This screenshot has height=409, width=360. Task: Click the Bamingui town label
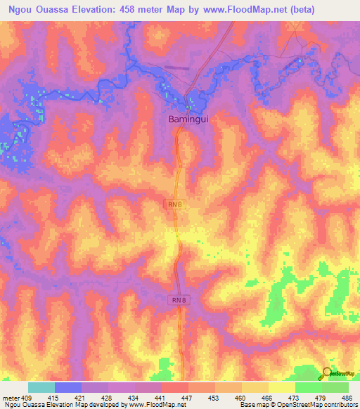coord(188,119)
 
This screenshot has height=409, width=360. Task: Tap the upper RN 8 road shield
coord(175,204)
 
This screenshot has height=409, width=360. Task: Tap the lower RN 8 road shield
coord(179,300)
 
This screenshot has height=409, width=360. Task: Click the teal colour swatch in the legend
coord(41,387)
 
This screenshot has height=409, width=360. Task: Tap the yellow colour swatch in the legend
coord(281,387)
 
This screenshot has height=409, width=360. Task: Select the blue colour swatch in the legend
coord(68,387)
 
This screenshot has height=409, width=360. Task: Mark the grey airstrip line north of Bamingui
coord(176,68)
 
